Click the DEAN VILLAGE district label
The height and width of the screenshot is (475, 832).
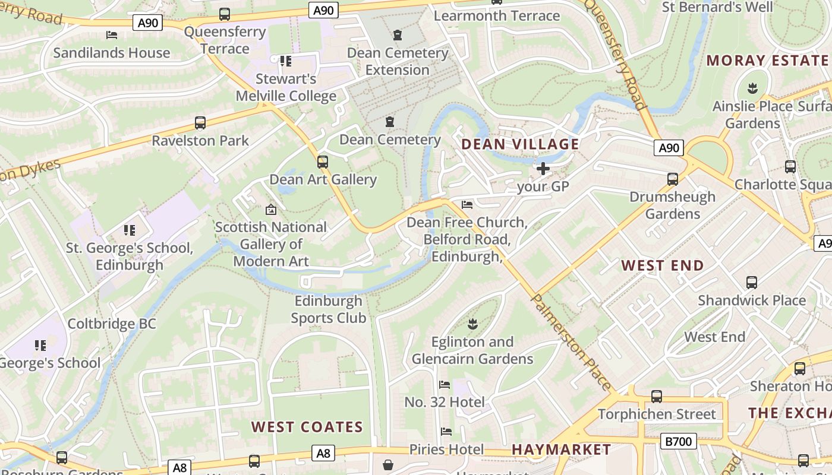pyautogui.click(x=520, y=144)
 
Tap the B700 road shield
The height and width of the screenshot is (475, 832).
pyautogui.click(x=678, y=441)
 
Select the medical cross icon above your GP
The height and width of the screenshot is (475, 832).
pyautogui.click(x=543, y=169)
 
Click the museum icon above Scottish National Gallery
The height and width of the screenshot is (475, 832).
pyautogui.click(x=271, y=209)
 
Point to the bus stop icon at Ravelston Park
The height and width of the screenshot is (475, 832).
pyautogui.click(x=200, y=123)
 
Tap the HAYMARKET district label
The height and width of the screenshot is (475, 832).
pyautogui.click(x=561, y=449)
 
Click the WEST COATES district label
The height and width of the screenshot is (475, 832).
pyautogui.click(x=307, y=427)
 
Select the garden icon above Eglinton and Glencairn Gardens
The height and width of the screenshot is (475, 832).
pyautogui.click(x=473, y=324)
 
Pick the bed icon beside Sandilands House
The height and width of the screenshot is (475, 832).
pyautogui.click(x=111, y=35)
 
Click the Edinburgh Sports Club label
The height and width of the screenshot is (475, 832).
pyautogui.click(x=329, y=309)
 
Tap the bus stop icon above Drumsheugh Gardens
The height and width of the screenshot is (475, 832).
pyautogui.click(x=673, y=179)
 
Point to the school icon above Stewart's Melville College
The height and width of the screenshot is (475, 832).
pyautogui.click(x=286, y=61)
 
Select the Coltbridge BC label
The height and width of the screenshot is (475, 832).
pyautogui.click(x=112, y=324)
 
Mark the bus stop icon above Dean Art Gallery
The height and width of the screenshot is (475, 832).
pyautogui.click(x=323, y=161)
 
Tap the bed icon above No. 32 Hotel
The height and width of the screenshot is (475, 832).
pyautogui.click(x=445, y=385)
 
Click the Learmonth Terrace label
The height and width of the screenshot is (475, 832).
pyautogui.click(x=497, y=16)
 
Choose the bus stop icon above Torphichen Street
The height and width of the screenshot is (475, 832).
pyautogui.click(x=657, y=396)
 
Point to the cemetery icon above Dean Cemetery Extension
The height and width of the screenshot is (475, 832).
pyautogui.click(x=398, y=35)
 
